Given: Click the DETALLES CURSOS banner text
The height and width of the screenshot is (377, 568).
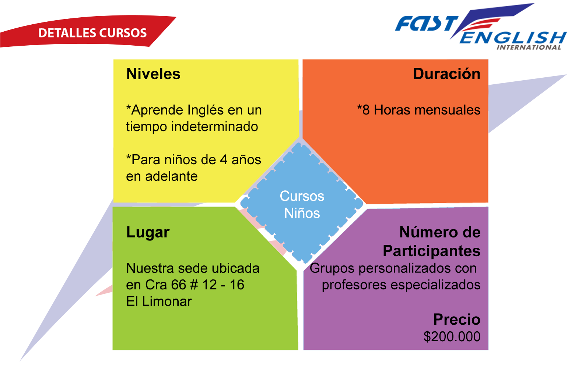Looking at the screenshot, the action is pos(92,33).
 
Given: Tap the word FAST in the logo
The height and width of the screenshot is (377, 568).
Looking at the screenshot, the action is pos(427,23).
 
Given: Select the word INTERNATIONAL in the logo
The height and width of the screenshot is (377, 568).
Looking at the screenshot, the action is pos(529,47).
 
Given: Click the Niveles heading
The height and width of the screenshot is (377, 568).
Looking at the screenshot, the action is pos(153,74).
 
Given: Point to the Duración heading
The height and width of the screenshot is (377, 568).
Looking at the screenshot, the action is pos(447,74).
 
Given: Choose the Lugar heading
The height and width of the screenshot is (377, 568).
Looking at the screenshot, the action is pos(148,232).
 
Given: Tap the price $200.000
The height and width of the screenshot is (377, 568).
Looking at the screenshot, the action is pos(452,337).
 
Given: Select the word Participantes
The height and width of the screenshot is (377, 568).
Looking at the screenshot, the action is pos(432,251).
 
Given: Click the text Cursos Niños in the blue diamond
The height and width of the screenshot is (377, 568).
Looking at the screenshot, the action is pos(302,204).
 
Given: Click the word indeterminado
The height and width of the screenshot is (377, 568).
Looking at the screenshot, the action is pos(214,126).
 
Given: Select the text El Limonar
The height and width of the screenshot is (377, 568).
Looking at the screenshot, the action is pos(159,302).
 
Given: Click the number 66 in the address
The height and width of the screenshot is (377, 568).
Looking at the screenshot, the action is pos(179,285).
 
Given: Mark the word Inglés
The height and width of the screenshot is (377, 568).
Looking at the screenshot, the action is pos(206,110).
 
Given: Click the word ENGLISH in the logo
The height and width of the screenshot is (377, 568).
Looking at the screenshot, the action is pos(513,38).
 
